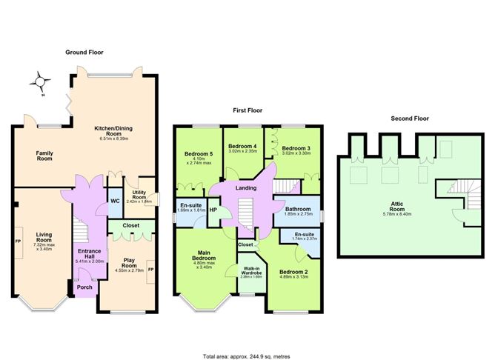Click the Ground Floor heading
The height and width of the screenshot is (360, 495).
(x=84, y=53)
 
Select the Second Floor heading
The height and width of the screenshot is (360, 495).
(x=409, y=118)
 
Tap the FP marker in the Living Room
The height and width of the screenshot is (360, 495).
(x=18, y=241)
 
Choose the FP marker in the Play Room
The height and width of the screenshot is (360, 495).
(x=150, y=270)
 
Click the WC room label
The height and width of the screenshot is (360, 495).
(x=115, y=201)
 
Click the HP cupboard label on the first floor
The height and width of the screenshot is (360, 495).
(x=213, y=210)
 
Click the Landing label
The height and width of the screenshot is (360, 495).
(x=245, y=188)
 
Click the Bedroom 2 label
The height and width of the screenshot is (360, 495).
(x=293, y=272)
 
